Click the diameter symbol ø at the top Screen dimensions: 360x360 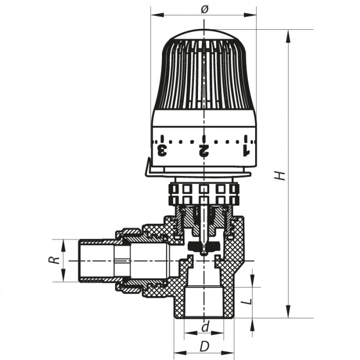coord(204,9)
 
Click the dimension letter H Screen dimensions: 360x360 coord(280,175)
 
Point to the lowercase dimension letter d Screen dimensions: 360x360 coord(205,327)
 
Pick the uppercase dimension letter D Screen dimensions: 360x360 coord(204,346)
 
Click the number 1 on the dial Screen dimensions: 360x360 coord(245,150)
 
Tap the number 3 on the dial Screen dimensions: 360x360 coord(162,150)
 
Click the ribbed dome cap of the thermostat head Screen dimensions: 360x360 coord(204,72)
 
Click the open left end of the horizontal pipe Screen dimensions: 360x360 coord(78,260)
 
